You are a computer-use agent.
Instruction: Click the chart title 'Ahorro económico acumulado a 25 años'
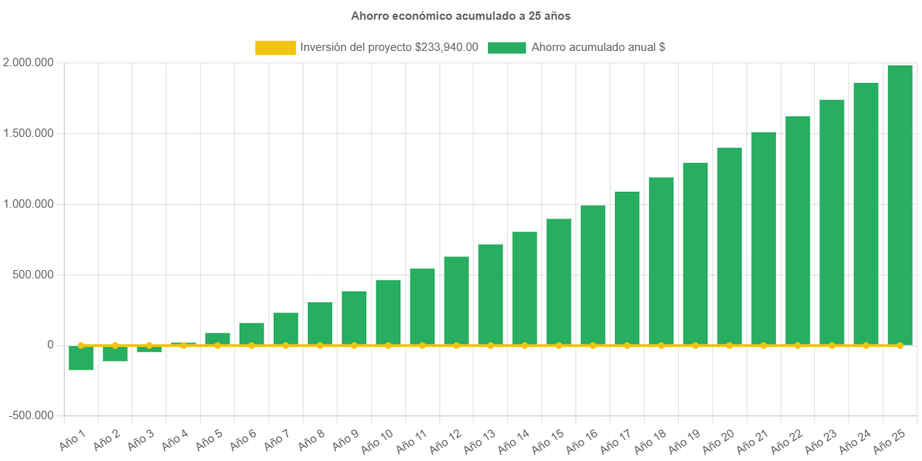click(x=461, y=15)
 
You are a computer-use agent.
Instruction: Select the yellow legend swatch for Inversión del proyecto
click(x=275, y=47)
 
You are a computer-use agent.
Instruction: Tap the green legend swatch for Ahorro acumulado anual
click(x=506, y=47)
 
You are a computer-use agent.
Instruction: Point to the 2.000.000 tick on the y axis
click(x=28, y=62)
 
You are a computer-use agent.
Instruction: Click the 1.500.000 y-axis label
click(x=28, y=133)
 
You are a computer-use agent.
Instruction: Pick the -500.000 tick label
click(x=31, y=415)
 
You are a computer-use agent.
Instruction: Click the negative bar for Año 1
click(x=81, y=358)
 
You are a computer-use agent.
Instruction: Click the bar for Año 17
click(x=627, y=268)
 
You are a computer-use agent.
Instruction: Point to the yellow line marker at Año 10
click(x=388, y=345)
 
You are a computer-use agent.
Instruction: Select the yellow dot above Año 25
click(x=900, y=345)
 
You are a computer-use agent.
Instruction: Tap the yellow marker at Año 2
click(x=115, y=345)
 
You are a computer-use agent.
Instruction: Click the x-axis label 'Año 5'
click(x=209, y=440)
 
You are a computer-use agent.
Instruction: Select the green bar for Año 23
click(x=832, y=222)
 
